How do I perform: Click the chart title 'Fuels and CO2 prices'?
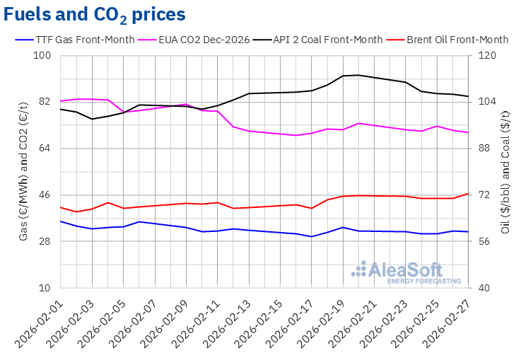[95, 14]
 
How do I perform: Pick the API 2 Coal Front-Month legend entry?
[326, 40]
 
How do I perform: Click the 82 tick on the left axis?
[46, 102]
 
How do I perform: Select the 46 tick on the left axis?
[46, 195]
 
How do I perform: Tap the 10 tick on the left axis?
[46, 289]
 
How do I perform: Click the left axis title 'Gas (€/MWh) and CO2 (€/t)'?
[24, 172]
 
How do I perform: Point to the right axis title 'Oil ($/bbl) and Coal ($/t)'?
[505, 172]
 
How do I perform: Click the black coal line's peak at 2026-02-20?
[358, 75]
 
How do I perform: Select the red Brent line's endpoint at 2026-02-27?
[468, 193]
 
